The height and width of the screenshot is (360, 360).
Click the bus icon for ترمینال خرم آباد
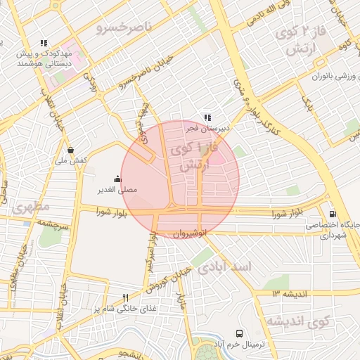240,333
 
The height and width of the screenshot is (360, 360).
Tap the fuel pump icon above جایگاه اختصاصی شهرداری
332,214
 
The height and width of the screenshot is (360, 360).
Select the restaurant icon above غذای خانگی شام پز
125,297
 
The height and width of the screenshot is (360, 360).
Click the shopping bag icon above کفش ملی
71,150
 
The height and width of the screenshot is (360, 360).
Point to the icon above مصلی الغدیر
117,179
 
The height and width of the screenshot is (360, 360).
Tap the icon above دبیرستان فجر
206,117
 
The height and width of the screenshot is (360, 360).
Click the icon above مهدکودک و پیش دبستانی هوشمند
44,43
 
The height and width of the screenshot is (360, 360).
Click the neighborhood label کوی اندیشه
298,322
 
